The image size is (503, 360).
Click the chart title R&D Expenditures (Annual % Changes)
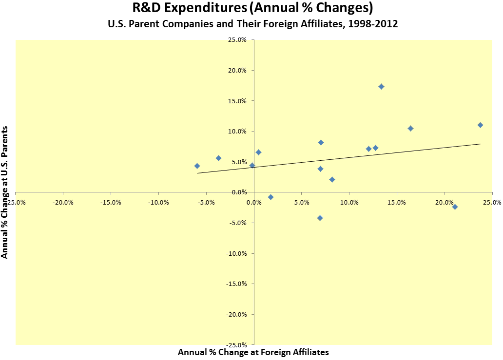point(251,8)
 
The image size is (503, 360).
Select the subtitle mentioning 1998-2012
point(251,24)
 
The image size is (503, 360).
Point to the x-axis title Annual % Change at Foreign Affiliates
point(253,352)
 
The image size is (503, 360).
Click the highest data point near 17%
point(381,86)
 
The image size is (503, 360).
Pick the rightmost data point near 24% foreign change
point(480,125)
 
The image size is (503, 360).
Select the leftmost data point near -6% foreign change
point(197,166)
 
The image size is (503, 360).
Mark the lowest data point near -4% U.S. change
point(320,218)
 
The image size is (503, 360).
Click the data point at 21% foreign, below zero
point(455,207)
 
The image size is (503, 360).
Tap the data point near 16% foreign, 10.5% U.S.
point(410,128)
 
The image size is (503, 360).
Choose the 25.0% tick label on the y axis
point(237,40)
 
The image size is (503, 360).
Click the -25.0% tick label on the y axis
point(236,344)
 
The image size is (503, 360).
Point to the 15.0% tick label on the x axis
point(397,202)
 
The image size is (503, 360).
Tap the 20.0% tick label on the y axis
point(237,70)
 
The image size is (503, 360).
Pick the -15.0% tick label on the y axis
point(236,284)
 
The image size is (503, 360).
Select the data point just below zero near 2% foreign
point(271,197)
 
